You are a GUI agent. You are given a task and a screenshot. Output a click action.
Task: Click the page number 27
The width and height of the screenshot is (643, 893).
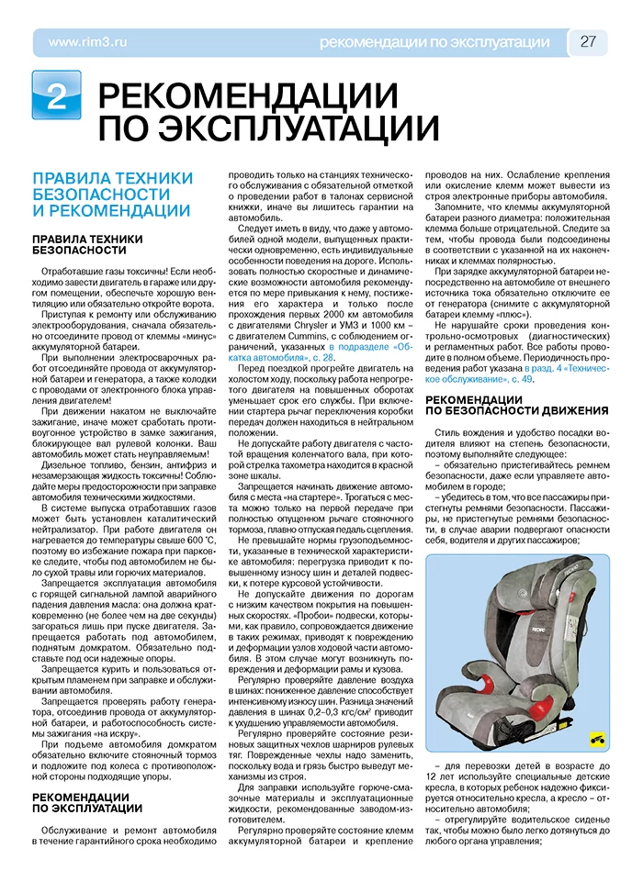[x=589, y=42]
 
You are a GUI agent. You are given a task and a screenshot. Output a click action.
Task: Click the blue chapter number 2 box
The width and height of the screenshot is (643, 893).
[x=57, y=95]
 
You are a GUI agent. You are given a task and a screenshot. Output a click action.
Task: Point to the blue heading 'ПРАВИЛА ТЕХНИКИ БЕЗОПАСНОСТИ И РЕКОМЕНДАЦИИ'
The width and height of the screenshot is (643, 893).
[x=112, y=194]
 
